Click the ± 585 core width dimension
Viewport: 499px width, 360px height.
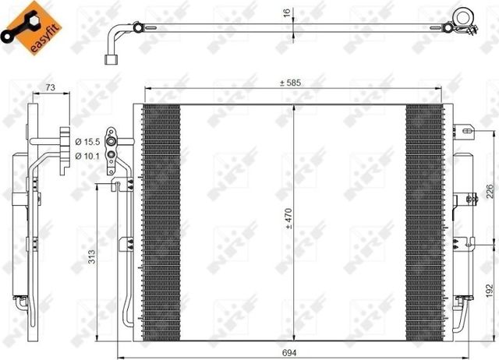(292, 82)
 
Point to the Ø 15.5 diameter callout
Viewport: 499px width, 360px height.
(88, 141)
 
